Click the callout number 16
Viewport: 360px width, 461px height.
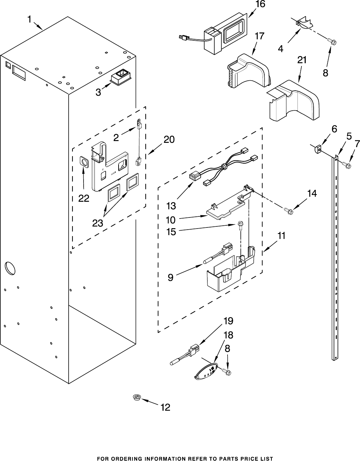coord(260,4)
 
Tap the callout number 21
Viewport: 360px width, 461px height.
coord(302,60)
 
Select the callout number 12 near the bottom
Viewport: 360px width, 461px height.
coord(165,407)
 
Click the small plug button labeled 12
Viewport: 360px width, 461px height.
coord(136,397)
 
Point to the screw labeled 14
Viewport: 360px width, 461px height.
coord(288,210)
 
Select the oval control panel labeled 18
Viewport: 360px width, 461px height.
coord(206,372)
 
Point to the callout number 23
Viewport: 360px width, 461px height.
coord(97,223)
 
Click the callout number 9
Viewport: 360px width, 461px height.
coord(171,277)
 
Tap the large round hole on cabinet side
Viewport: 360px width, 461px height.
coord(10,269)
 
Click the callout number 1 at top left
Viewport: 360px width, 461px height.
coord(29,20)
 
